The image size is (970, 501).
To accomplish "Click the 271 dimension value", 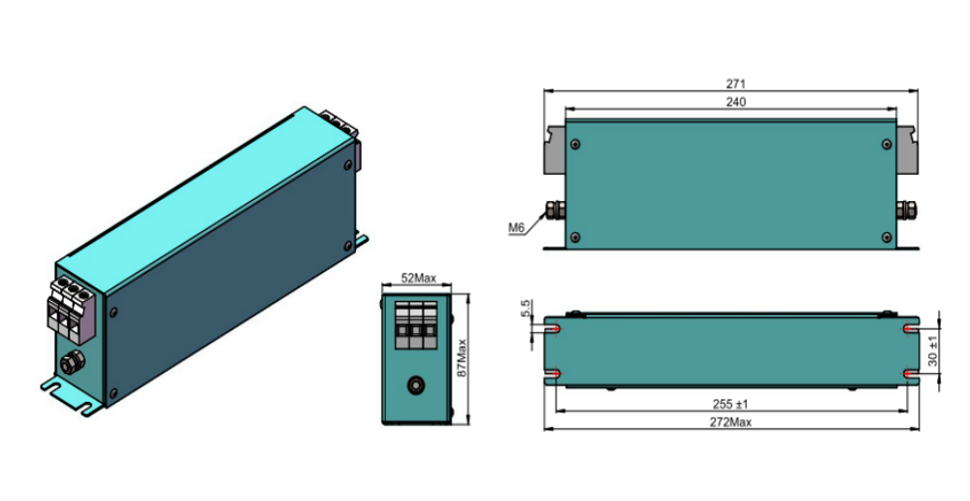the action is click(x=735, y=83).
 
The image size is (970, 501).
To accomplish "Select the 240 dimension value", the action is click(x=735, y=102).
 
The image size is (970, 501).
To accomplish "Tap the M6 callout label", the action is click(x=517, y=228).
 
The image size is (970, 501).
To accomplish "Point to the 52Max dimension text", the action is click(x=418, y=278).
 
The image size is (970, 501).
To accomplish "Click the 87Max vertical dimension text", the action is click(x=462, y=358).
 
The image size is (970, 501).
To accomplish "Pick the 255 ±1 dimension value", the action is click(x=730, y=404).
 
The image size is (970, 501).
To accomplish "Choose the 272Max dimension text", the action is click(x=730, y=422).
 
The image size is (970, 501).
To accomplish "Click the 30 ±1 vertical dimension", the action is click(x=933, y=351).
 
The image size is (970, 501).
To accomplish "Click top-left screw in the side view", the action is click(x=576, y=145).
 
